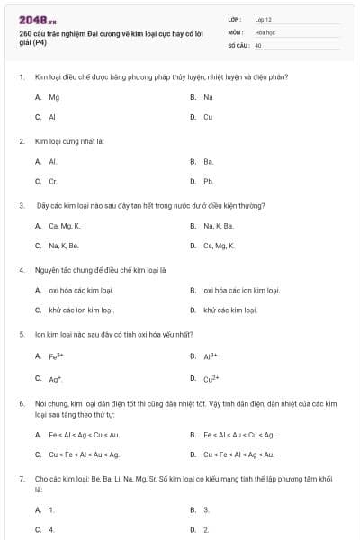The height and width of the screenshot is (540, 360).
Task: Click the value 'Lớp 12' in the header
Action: [x=264, y=18]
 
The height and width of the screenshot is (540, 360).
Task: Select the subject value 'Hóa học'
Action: [x=265, y=31]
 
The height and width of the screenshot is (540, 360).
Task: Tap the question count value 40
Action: [x=258, y=44]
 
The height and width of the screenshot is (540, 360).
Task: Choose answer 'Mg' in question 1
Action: [x=53, y=97]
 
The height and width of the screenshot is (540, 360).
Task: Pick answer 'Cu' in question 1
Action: [x=208, y=117]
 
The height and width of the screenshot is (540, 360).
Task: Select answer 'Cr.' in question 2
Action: [x=53, y=181]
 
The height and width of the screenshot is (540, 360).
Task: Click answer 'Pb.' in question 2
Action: [x=208, y=181]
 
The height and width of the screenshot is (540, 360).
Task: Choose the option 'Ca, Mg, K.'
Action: [x=65, y=226]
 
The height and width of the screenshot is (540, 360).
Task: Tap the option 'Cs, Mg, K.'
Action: [x=219, y=246]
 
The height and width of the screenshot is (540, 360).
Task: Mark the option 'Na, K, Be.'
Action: [x=64, y=246]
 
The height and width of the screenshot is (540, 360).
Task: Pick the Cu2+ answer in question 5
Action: [x=211, y=378]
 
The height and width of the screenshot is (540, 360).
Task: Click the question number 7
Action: [x=21, y=481]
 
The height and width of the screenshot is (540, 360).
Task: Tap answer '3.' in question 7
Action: [x=206, y=509]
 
